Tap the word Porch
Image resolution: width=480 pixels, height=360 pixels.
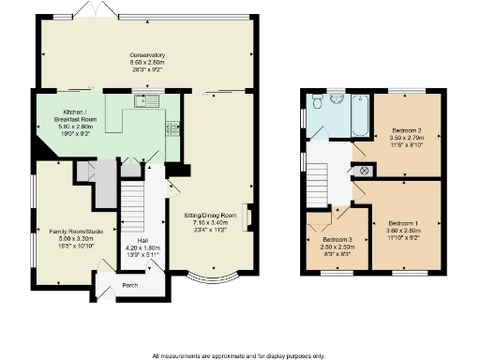point(129,286)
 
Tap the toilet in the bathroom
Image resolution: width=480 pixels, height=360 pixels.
point(337,97)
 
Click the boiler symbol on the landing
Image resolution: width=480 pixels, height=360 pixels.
point(365,171)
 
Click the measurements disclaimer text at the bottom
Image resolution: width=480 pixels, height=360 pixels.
point(238,355)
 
